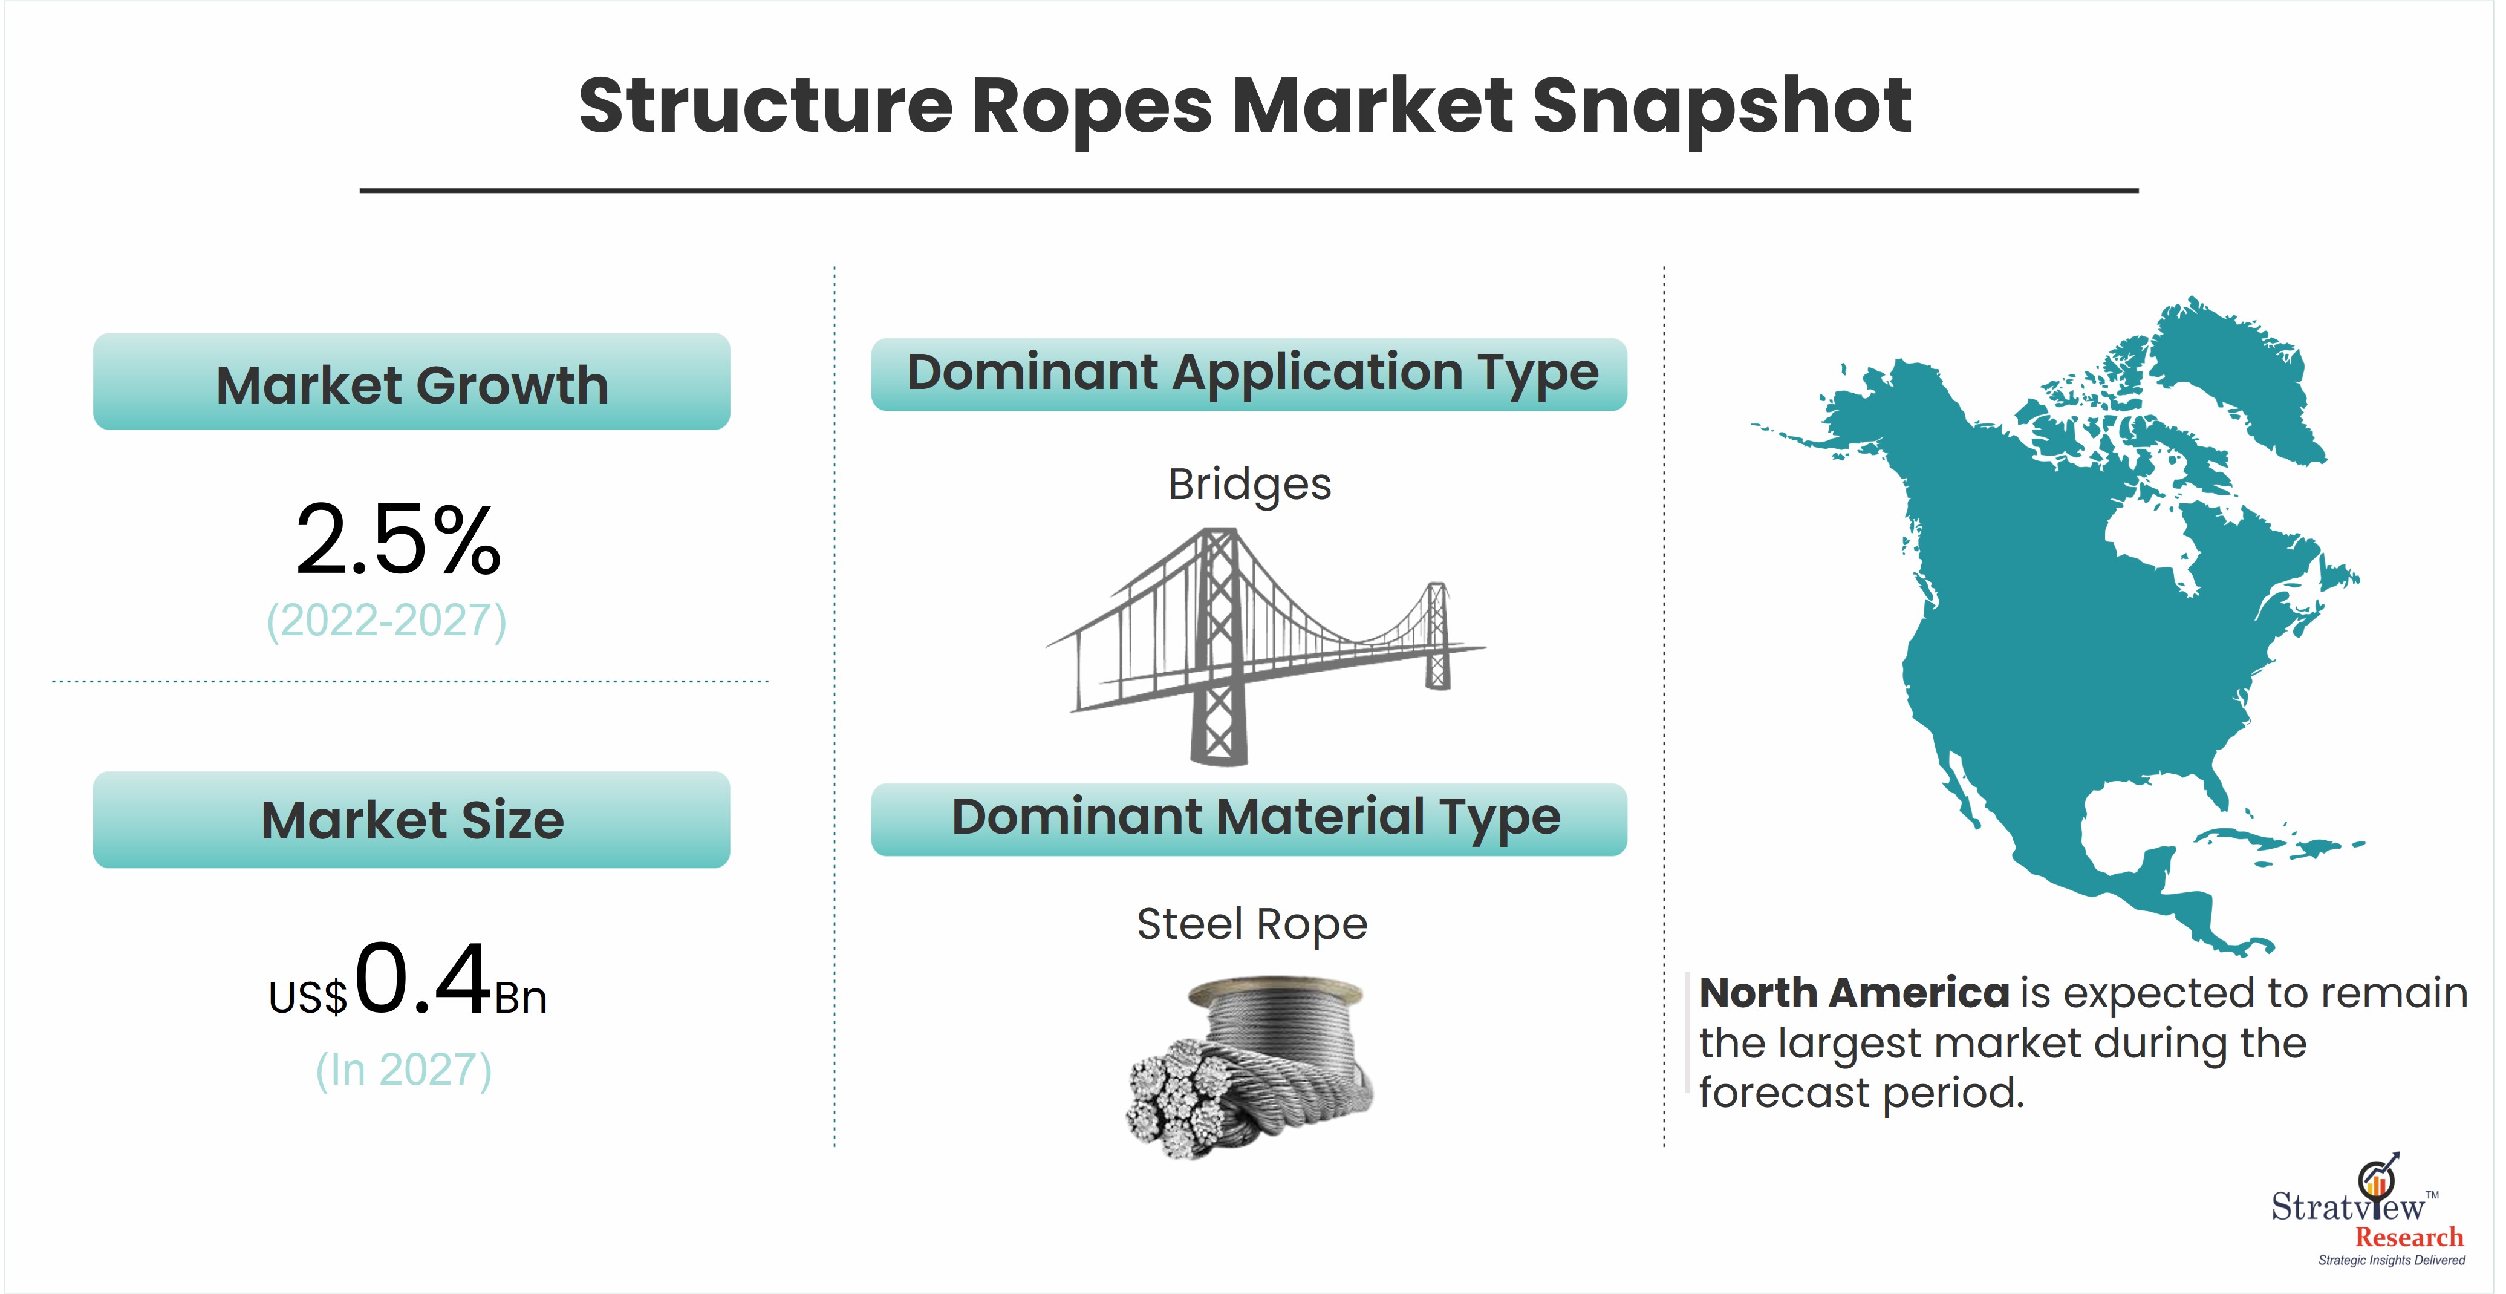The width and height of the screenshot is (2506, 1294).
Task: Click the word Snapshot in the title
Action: [1721, 107]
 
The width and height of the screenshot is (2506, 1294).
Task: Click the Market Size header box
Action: [411, 819]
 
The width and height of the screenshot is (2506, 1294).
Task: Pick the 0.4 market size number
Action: [422, 978]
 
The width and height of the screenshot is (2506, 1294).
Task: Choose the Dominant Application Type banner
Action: [1249, 374]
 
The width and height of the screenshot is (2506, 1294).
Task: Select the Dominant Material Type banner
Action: [1249, 819]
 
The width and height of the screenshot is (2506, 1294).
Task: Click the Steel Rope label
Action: [1252, 924]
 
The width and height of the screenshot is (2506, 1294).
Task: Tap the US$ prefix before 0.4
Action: [307, 997]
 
